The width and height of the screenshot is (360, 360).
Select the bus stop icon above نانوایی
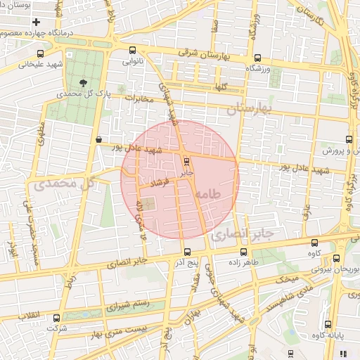pos(134,50)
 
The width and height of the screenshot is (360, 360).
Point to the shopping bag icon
pos(98,139)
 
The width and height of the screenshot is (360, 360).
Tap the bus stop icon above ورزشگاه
pos(258,58)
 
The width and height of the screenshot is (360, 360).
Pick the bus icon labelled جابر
pos(186,161)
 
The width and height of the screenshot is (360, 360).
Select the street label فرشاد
pos(153,183)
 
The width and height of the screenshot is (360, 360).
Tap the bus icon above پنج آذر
pos(186,252)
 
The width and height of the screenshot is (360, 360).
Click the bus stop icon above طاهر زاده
pos(244,252)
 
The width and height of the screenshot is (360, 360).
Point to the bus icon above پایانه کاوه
pos(328,324)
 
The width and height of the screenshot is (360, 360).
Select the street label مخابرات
pos(139,98)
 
